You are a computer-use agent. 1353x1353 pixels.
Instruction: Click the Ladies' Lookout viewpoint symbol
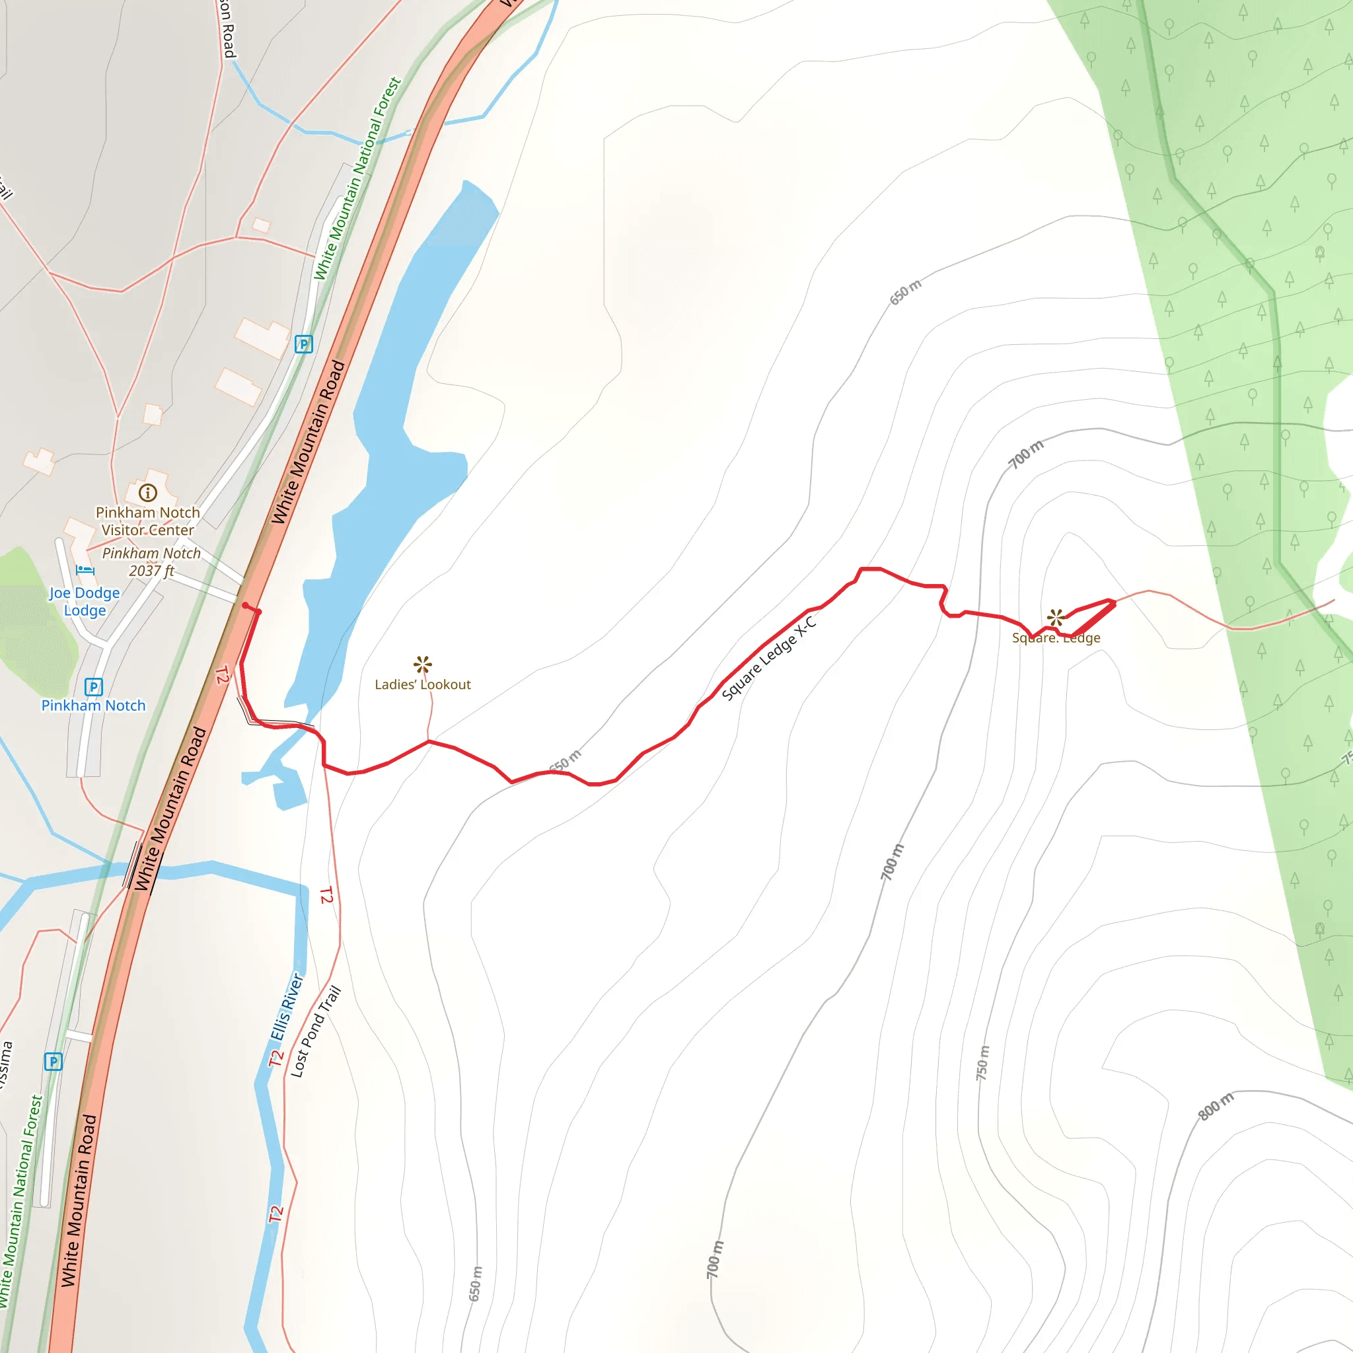click(422, 664)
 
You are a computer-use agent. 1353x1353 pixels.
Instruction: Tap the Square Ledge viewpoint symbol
click(1055, 618)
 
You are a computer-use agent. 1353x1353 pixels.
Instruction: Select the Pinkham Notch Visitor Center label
click(148, 521)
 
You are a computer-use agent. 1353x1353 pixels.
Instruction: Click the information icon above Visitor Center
click(148, 492)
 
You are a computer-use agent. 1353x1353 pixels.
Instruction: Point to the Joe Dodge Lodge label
click(85, 601)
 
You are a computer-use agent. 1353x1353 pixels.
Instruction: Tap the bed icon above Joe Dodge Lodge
click(85, 570)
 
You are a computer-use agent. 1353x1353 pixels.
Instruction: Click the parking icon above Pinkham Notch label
click(93, 687)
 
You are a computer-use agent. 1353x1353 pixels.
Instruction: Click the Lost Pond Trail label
click(316, 1031)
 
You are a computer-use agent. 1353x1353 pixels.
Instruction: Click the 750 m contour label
click(983, 1063)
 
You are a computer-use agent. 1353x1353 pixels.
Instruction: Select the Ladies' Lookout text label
click(422, 684)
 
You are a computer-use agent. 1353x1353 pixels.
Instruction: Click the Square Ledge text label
click(1055, 638)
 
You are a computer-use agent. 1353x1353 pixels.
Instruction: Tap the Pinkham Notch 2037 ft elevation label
click(151, 562)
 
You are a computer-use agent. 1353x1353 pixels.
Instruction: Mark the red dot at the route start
click(245, 605)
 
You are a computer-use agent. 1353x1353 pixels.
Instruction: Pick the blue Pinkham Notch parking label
click(93, 705)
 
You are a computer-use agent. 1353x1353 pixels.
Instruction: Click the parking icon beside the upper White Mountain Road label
click(303, 344)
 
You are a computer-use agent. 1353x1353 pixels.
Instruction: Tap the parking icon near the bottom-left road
click(54, 1062)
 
